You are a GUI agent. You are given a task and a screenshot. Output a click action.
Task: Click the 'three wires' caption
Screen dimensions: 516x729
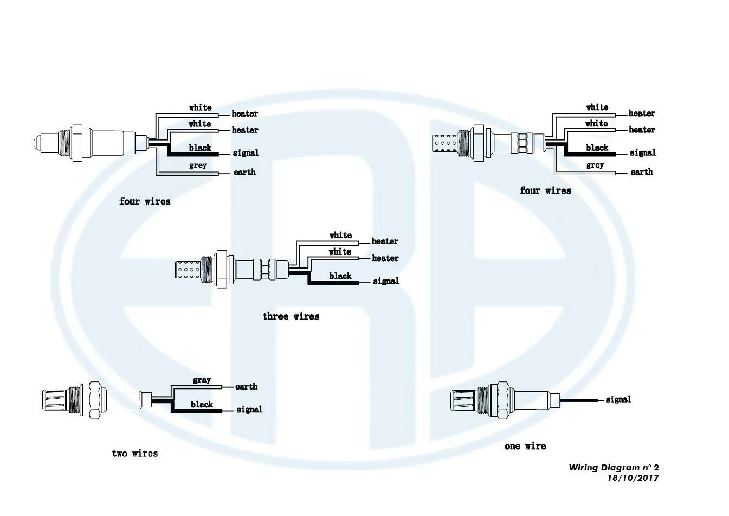[x=291, y=316]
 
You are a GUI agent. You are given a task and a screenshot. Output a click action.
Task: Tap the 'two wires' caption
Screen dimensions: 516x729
[x=135, y=453]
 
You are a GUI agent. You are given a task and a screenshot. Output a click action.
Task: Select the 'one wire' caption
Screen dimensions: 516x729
[x=525, y=446]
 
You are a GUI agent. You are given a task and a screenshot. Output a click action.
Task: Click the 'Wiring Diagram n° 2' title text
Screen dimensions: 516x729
[x=614, y=467]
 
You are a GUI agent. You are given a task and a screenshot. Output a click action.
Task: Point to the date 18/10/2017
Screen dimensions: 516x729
[x=633, y=478]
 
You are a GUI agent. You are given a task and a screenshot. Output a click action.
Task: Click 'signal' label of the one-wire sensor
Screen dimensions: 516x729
[x=618, y=399]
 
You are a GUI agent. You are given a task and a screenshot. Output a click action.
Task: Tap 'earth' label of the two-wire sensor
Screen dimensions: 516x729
[x=246, y=387]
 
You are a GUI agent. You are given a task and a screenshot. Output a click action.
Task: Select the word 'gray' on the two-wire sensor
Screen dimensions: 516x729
[x=202, y=380]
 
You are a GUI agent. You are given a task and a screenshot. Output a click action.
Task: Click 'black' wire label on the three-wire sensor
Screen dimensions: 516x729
[x=340, y=276]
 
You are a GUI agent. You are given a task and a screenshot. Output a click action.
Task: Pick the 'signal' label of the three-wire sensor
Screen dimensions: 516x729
[x=386, y=281]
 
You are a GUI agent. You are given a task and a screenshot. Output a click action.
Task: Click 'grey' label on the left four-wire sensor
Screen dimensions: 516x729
[x=198, y=165]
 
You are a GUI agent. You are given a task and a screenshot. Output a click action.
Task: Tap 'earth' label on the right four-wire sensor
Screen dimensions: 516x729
[x=642, y=172]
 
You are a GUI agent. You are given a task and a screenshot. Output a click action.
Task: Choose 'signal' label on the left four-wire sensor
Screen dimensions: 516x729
[x=246, y=153]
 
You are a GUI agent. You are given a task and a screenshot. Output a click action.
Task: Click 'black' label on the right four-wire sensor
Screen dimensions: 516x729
[x=597, y=148]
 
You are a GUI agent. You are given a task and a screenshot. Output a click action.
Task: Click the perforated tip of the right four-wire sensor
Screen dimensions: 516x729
[x=444, y=143]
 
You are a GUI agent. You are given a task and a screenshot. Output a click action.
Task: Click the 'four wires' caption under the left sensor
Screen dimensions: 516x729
[x=145, y=201]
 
